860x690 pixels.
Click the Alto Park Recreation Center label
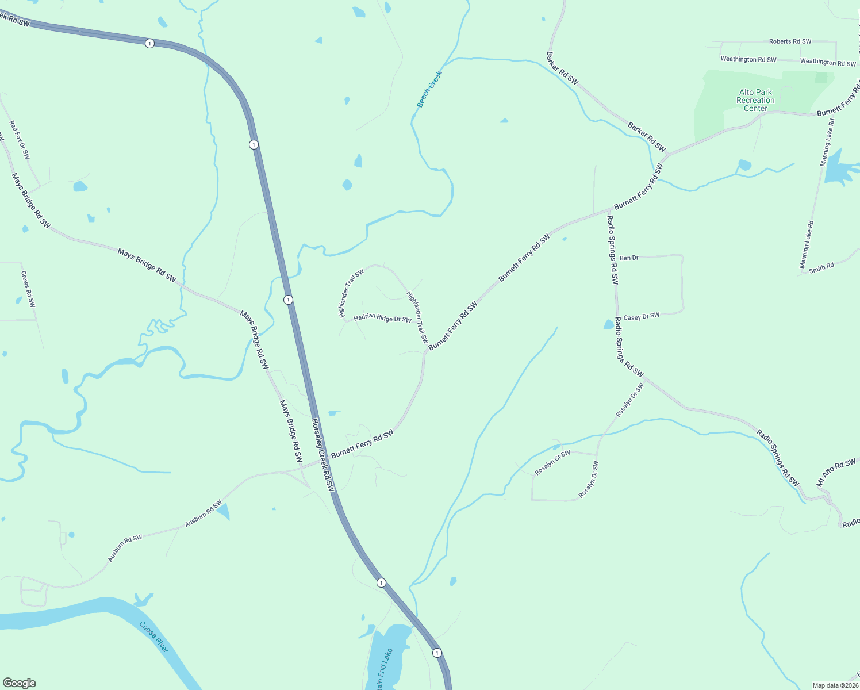click(755, 100)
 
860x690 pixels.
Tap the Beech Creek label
click(429, 89)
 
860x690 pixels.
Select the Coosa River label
click(154, 637)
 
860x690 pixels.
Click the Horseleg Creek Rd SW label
click(322, 454)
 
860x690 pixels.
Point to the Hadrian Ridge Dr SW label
click(382, 318)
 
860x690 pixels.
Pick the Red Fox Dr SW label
click(20, 140)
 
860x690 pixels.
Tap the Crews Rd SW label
click(28, 289)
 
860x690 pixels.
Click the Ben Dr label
click(629, 258)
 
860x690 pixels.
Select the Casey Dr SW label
click(642, 317)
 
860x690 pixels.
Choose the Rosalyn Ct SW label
click(552, 463)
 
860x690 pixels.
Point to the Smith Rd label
click(821, 268)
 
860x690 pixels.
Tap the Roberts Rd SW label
click(790, 41)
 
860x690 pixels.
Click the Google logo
click(19, 683)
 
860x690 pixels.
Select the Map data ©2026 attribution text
click(835, 685)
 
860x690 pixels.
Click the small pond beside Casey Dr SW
click(609, 325)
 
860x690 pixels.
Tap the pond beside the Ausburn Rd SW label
click(223, 511)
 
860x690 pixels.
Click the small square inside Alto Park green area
click(821, 78)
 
